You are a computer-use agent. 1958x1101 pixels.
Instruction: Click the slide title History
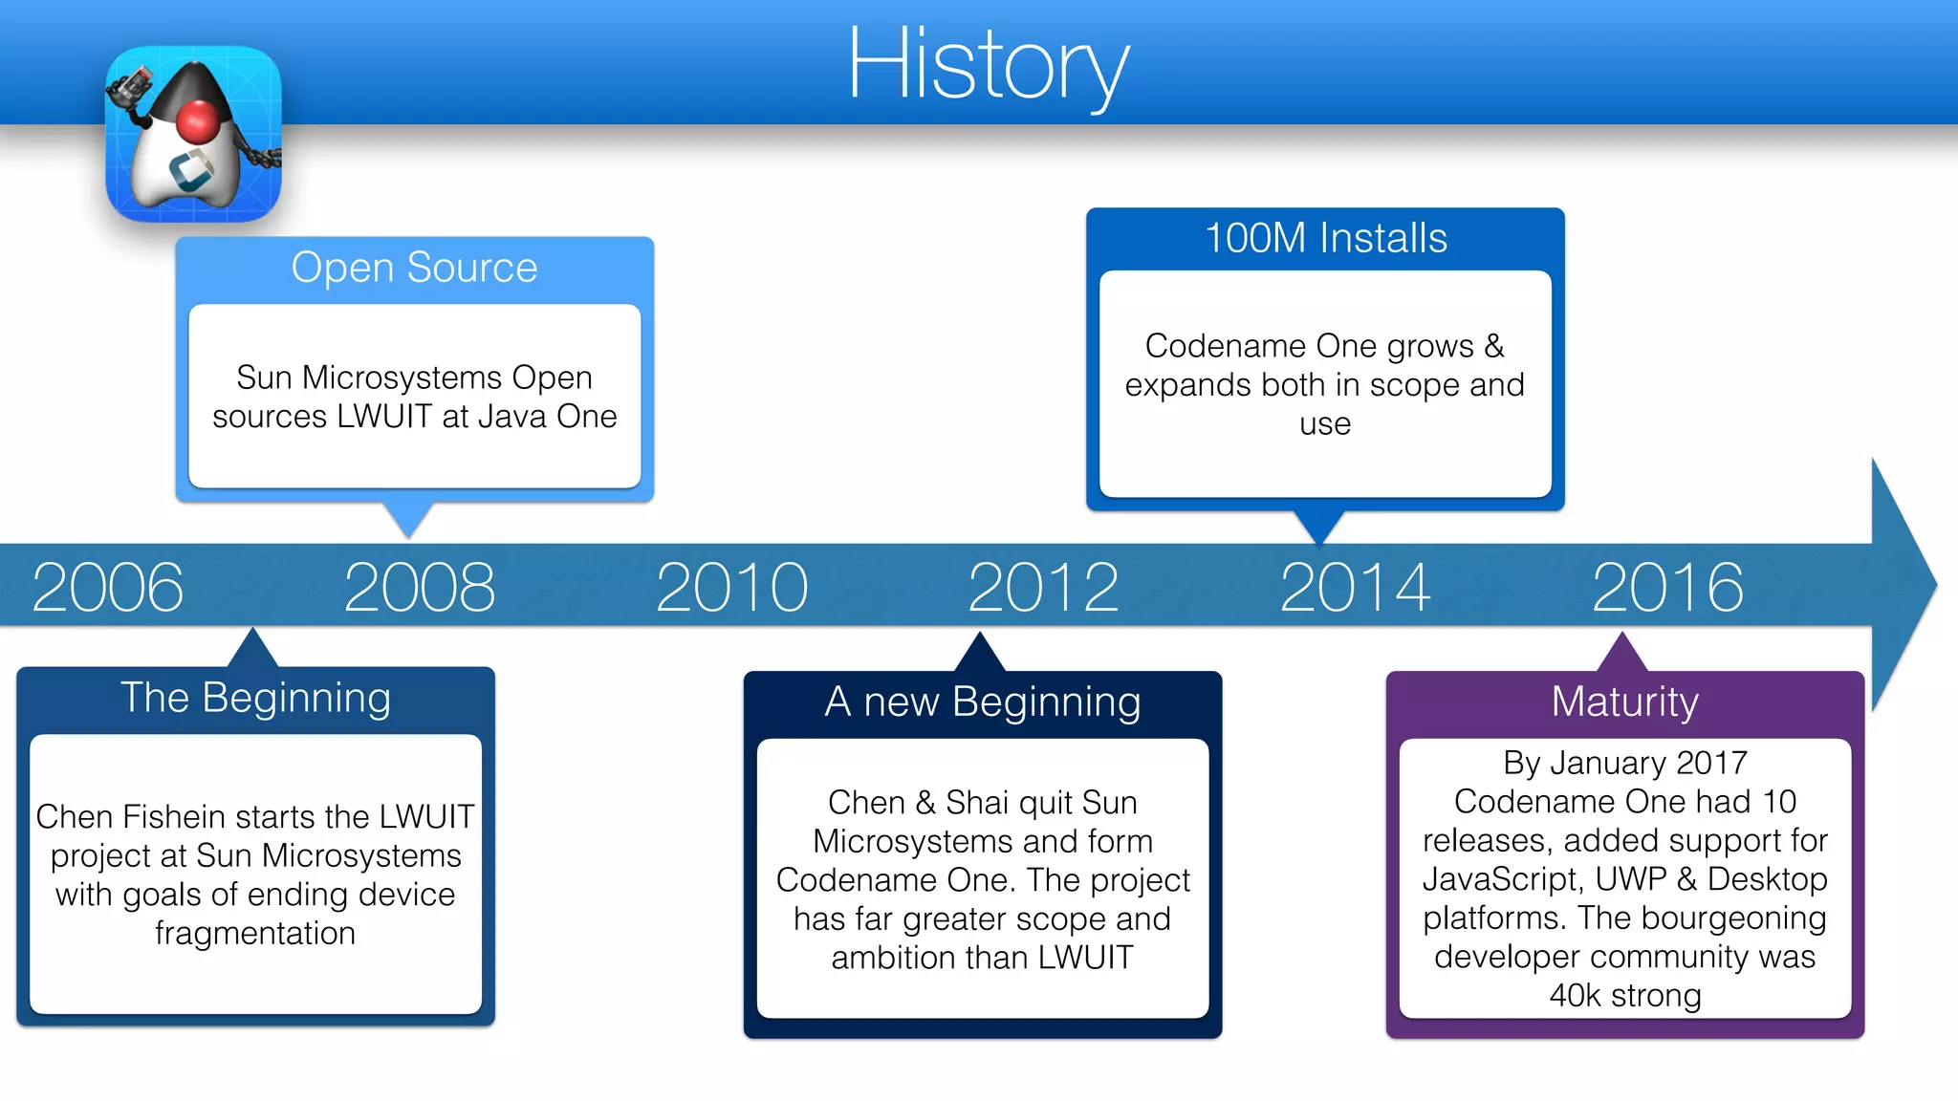coord(988,65)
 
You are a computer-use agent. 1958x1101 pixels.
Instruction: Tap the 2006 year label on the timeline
coord(107,587)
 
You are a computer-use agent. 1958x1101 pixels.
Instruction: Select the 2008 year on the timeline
coord(420,587)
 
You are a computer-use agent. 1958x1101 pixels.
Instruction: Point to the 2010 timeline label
coord(731,587)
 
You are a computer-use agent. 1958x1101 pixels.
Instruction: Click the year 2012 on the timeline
coord(1043,587)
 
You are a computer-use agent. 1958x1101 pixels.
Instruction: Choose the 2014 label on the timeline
coord(1355,587)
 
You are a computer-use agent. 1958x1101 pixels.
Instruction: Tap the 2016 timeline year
coord(1667,587)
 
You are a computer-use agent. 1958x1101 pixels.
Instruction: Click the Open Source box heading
coord(414,268)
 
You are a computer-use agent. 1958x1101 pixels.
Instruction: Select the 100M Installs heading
coord(1325,238)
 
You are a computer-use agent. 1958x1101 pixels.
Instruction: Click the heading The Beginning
coord(255,698)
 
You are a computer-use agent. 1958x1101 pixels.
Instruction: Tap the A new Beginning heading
coord(982,702)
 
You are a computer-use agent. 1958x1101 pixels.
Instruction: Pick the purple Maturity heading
coord(1624,702)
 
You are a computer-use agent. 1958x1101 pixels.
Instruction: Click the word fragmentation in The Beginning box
coord(255,933)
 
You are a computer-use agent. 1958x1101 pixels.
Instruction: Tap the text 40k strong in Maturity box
coord(1624,996)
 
